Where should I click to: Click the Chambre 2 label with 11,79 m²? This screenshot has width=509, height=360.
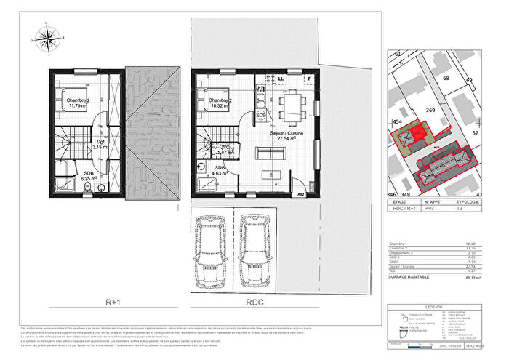pos(79,103)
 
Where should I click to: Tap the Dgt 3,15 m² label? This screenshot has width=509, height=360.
pos(100,143)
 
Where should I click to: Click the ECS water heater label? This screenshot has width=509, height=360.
pos(260,115)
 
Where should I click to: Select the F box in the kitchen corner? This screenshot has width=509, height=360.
pos(308,77)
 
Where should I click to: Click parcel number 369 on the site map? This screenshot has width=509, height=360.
pos(430,110)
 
